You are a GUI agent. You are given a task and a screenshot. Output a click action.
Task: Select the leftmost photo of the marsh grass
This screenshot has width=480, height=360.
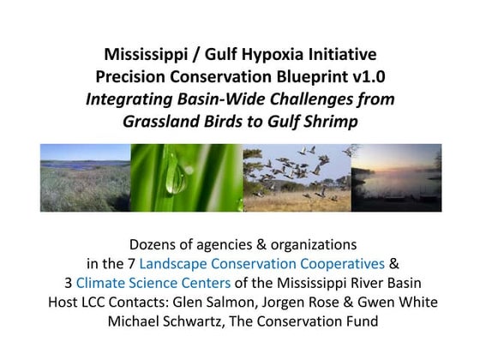click(x=85, y=177)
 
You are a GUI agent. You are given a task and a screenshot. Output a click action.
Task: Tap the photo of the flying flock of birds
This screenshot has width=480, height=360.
click(x=301, y=177)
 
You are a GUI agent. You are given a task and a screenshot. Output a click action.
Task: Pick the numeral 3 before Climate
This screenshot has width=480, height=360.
click(x=68, y=282)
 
